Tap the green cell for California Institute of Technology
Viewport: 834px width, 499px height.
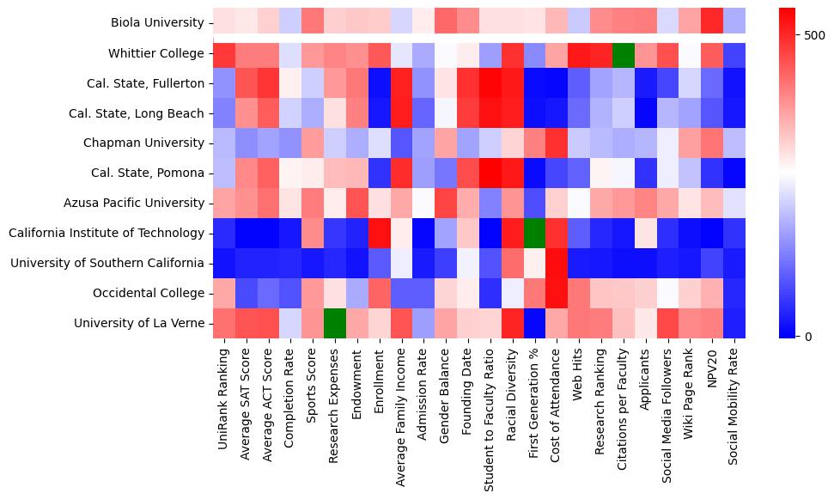coord(533,233)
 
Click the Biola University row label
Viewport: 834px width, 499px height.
coord(157,23)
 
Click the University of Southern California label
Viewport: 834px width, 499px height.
coord(107,263)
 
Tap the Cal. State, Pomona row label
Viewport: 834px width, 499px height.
coord(147,173)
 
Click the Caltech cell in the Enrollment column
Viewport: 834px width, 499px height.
coord(378,233)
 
